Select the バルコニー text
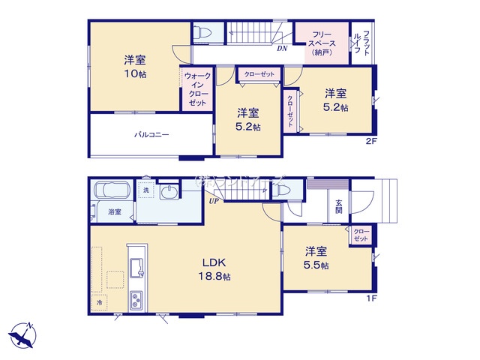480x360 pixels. (151, 135)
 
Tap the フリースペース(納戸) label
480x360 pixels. (322, 43)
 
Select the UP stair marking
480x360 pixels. (214, 200)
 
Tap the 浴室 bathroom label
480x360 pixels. (114, 212)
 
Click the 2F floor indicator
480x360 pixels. (370, 141)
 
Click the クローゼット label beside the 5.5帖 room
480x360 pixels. (361, 234)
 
